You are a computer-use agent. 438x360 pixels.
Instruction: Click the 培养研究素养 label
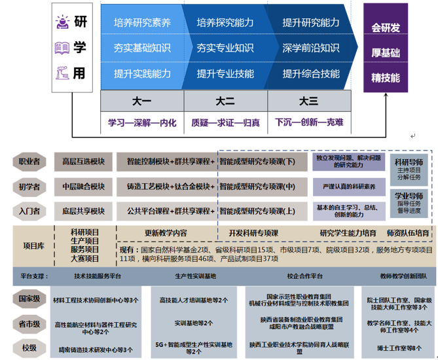142,23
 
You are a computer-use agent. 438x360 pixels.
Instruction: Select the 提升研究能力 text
311,23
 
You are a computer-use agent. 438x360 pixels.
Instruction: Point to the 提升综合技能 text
311,74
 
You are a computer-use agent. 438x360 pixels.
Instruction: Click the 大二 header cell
225,101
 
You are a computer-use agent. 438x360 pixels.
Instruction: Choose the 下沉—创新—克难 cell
310,122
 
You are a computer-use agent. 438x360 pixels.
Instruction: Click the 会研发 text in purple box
386,27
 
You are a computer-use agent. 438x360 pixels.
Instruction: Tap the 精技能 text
386,77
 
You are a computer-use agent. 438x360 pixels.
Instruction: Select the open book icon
62,48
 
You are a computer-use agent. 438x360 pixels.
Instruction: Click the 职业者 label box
29,161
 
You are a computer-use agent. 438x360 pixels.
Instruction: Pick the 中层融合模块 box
83,187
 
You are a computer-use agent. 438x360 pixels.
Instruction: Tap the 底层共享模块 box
83,211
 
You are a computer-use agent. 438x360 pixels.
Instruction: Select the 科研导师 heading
409,161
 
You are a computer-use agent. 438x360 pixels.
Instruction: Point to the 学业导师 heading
409,195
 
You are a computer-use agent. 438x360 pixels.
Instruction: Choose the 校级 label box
29,347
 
